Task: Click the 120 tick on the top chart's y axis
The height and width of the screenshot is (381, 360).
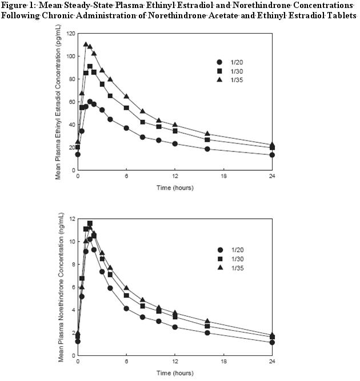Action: pos(70,33)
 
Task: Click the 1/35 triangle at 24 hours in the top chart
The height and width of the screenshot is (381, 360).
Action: pos(272,145)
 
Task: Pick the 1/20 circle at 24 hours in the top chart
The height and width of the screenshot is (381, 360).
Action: pos(272,155)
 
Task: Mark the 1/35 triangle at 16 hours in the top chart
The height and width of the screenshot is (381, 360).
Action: pos(207,134)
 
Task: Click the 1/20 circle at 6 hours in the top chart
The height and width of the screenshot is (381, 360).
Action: pos(126,128)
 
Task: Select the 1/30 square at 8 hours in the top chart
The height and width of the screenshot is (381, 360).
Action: pos(142,122)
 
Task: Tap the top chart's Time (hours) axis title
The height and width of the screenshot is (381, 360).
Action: pos(175,187)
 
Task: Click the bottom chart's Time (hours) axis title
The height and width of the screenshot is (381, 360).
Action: pos(175,372)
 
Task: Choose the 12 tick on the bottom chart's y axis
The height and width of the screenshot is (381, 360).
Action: pos(72,218)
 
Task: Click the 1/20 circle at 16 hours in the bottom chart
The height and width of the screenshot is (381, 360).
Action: pos(207,333)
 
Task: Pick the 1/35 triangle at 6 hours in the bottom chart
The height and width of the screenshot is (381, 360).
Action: pos(126,288)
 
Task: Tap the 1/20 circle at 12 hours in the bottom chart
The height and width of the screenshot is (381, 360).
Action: pos(175,327)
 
